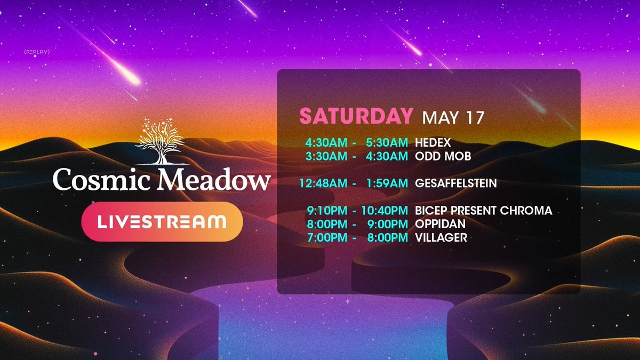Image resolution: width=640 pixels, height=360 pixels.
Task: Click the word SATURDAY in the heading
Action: (x=356, y=116)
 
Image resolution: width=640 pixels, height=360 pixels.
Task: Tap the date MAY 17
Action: (x=453, y=117)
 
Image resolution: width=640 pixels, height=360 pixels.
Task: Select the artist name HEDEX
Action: (x=433, y=142)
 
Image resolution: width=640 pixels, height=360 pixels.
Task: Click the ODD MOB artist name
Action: (x=443, y=156)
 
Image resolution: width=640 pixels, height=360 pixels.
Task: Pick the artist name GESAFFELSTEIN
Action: (x=455, y=183)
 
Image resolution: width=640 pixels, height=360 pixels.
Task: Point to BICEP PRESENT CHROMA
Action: (x=483, y=211)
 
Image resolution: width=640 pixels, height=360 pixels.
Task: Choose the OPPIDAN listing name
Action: (x=441, y=224)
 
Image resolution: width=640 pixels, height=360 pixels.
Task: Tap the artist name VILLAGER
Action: (x=441, y=238)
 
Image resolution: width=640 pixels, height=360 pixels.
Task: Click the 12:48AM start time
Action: (x=323, y=183)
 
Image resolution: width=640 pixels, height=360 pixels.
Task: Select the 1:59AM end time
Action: (x=387, y=183)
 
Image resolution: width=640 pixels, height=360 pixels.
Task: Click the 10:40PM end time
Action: (x=385, y=211)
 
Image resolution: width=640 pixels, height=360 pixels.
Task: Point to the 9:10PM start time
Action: (x=327, y=211)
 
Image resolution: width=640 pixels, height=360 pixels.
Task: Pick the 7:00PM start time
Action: (x=327, y=238)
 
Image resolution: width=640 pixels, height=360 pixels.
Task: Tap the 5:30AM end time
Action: (x=387, y=142)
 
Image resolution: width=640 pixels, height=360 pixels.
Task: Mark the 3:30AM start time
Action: (x=326, y=156)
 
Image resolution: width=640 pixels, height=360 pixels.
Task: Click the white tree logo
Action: (x=162, y=141)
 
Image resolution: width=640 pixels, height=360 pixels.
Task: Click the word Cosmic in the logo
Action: (x=101, y=179)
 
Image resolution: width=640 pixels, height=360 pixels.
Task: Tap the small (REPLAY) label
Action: (x=37, y=52)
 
